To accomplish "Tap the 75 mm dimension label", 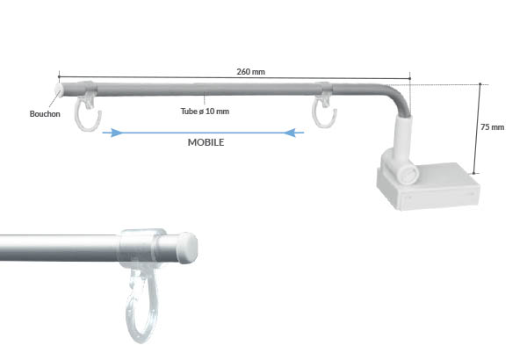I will point(492,127).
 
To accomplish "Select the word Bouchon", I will point(43,114).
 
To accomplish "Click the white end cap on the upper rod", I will point(60,90).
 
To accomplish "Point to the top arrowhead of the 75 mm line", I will point(480,86).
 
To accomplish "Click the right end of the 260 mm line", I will point(409,78).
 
